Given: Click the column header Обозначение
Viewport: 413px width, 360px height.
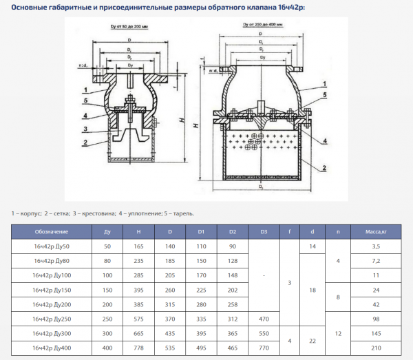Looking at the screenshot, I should click(x=52, y=232).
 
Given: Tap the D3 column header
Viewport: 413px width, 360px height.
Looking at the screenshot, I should click(x=264, y=232).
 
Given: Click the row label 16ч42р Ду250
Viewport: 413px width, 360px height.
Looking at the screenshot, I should click(x=52, y=319).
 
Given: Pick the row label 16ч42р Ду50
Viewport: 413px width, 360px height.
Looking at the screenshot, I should click(x=52, y=246).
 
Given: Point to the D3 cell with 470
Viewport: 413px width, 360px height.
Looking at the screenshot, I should click(x=264, y=319).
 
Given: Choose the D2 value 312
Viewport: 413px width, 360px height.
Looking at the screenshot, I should click(x=232, y=319).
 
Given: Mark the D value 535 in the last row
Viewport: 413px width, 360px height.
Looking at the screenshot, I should click(x=169, y=348).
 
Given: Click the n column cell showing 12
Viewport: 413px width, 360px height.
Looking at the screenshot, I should click(x=338, y=334).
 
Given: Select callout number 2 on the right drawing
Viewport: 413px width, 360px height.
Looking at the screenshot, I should click(x=324, y=167).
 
